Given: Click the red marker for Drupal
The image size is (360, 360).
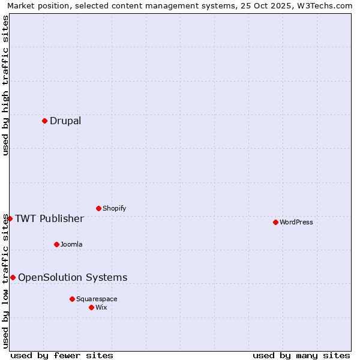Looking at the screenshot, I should tap(44, 121).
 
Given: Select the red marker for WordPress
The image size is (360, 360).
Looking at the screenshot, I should tap(275, 222).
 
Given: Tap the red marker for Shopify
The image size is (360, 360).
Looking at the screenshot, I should tap(98, 208).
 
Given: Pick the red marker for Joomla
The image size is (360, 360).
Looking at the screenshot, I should tap(56, 244).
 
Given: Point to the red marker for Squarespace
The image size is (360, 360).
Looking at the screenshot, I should tap(72, 299).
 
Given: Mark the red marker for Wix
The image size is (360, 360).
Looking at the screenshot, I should tap(91, 307).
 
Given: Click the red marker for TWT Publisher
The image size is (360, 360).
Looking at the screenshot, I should tap(10, 218).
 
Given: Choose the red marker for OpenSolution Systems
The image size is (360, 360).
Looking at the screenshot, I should tap(13, 277).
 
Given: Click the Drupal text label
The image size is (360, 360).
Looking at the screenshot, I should tap(65, 121).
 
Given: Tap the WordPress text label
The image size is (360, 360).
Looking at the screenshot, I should tap(296, 222).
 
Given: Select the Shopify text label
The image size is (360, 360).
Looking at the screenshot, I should tap(115, 208).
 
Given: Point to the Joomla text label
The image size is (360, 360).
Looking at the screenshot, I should tap(71, 244).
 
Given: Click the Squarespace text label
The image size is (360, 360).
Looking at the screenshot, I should tap(97, 299).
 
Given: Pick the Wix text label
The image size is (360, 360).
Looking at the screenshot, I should tap(101, 307).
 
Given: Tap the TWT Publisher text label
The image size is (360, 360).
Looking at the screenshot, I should tap(49, 218).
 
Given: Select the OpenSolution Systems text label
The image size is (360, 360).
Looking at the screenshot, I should tap(73, 277).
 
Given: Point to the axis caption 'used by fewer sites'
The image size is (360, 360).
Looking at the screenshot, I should tap(62, 355).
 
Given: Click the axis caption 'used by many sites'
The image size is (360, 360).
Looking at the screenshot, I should tap(301, 355).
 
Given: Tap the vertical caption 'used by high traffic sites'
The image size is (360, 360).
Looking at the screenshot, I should tap(5, 85).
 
